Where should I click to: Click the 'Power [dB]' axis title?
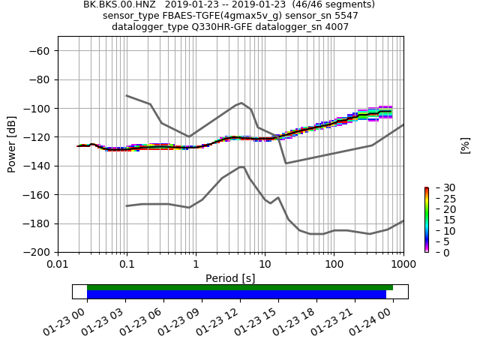pos(12,144)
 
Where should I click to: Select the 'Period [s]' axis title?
pos(230,278)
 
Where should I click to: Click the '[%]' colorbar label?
pos(465,145)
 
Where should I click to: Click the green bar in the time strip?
pos(240,287)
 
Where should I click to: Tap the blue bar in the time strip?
pos(236,295)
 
